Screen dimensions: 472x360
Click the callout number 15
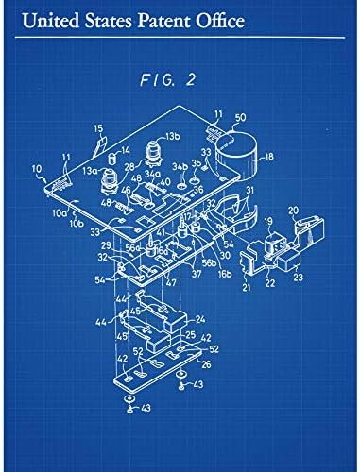(97, 127)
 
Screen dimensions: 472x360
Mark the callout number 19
(268, 225)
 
